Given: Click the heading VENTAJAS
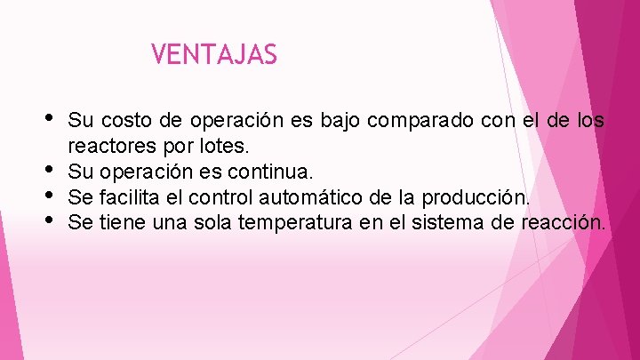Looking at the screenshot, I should tap(214, 55).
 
